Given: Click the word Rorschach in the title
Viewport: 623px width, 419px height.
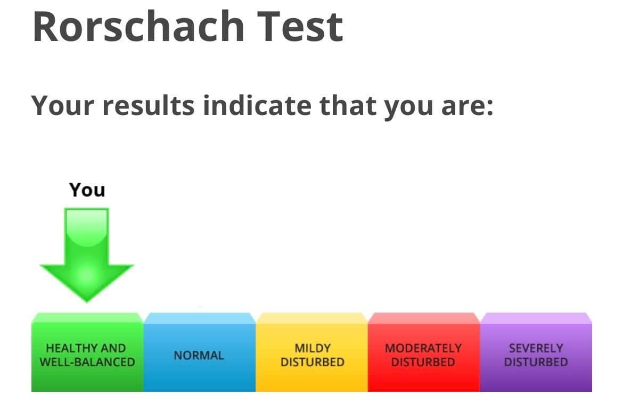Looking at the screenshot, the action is (x=138, y=27).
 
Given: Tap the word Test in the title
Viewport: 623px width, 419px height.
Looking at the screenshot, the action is (x=300, y=27).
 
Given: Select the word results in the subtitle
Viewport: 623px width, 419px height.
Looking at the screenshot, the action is (x=149, y=105).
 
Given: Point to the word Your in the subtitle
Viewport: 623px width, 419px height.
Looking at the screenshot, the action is (x=63, y=105).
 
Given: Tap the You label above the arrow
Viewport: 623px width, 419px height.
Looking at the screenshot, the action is (x=87, y=190).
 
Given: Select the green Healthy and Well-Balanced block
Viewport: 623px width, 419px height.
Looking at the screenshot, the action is (x=87, y=352).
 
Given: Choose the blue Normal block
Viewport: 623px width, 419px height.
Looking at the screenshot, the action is (x=200, y=352).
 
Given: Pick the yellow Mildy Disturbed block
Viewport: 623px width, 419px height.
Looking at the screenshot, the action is (x=312, y=352).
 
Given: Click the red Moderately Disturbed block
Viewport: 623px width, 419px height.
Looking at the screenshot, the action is (x=424, y=352).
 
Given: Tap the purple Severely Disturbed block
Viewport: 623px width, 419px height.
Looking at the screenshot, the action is (x=536, y=352).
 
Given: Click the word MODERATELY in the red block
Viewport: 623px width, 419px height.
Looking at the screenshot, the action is (x=423, y=348).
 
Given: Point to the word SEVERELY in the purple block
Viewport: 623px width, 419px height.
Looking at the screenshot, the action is (x=536, y=348).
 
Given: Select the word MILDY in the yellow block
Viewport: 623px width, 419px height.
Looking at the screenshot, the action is (x=312, y=348).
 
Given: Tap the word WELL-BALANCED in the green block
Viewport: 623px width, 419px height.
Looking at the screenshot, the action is (x=87, y=362).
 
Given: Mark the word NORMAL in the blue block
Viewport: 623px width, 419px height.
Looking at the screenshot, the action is (x=199, y=356).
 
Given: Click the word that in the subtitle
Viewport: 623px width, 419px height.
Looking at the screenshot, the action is (x=347, y=105).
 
